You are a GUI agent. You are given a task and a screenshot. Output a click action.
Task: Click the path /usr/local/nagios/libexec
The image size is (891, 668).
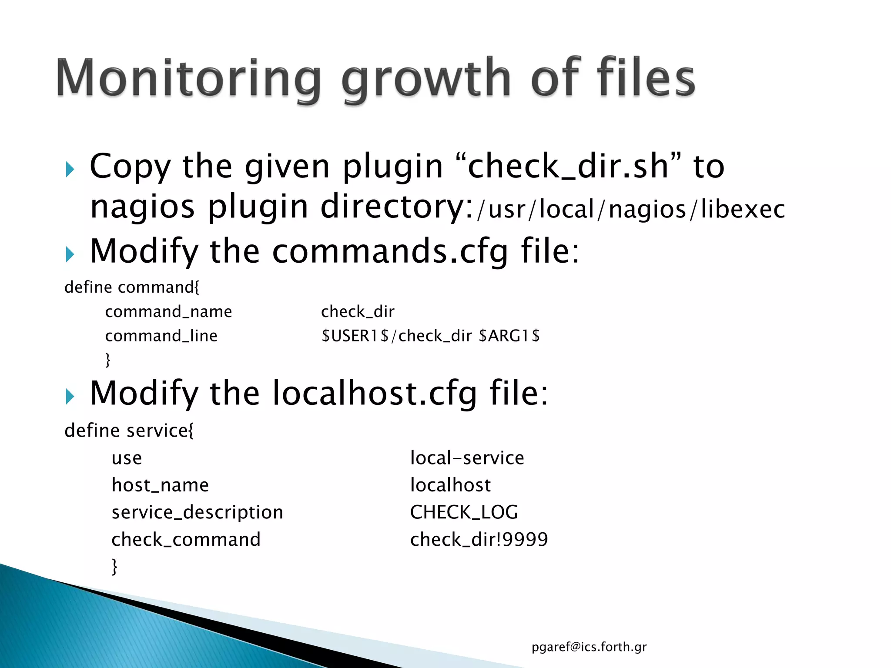click(631, 209)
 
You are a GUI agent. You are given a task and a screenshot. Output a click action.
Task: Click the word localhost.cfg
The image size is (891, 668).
click(375, 393)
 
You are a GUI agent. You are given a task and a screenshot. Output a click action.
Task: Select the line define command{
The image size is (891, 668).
click(132, 287)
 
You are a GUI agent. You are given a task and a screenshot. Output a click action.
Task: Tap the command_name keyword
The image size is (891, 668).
click(168, 312)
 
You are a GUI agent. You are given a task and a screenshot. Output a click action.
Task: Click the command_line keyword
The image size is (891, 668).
click(161, 336)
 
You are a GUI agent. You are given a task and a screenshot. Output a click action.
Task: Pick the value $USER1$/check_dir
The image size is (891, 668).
click(396, 336)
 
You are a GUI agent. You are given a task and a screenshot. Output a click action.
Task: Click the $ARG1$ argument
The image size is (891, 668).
click(509, 336)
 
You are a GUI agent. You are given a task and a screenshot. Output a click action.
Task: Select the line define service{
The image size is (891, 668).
click(129, 431)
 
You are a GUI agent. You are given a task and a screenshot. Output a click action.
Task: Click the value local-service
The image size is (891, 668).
click(467, 458)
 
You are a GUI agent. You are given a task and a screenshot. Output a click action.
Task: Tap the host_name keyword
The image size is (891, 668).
click(160, 485)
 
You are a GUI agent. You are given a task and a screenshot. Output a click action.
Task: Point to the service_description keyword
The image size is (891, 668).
click(197, 512)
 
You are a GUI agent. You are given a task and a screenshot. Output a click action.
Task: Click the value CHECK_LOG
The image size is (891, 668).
click(464, 512)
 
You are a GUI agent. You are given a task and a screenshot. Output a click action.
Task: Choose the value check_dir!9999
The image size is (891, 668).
click(479, 540)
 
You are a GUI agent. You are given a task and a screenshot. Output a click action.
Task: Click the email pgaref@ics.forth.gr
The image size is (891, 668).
click(589, 647)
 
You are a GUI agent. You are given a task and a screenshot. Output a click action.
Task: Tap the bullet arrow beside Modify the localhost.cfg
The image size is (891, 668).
click(70, 396)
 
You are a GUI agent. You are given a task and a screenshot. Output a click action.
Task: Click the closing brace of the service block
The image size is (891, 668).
click(114, 567)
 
